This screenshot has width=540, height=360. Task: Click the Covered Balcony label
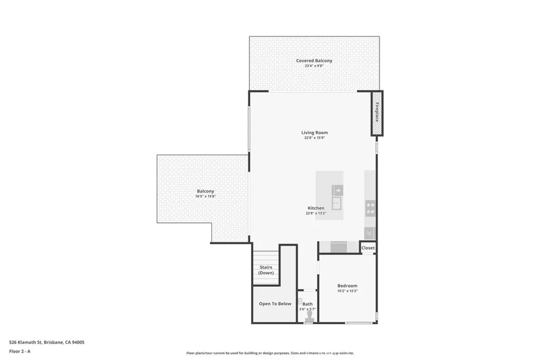click(314, 61)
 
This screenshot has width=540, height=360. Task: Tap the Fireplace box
click(377, 113)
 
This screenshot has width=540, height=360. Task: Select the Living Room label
click(314, 133)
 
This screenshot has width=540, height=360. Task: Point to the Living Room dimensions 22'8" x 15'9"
click(314, 138)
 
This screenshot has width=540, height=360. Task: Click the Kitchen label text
click(316, 208)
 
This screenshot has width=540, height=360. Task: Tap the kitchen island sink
click(336, 203)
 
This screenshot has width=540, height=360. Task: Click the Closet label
click(368, 248)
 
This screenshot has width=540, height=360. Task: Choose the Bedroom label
click(347, 286)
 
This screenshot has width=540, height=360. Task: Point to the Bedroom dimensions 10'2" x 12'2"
click(347, 291)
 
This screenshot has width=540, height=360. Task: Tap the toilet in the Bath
click(309, 315)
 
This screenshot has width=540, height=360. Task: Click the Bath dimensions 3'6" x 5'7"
click(307, 309)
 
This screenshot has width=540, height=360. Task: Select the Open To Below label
click(275, 304)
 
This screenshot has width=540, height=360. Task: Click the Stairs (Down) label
click(266, 270)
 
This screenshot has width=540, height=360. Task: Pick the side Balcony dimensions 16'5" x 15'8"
click(205, 197)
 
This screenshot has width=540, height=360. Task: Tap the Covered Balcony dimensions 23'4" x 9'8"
click(314, 66)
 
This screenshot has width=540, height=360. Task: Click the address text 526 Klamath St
click(47, 342)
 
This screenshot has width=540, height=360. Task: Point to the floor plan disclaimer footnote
click(269, 353)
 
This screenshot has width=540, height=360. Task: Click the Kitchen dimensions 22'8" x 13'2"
click(316, 213)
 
